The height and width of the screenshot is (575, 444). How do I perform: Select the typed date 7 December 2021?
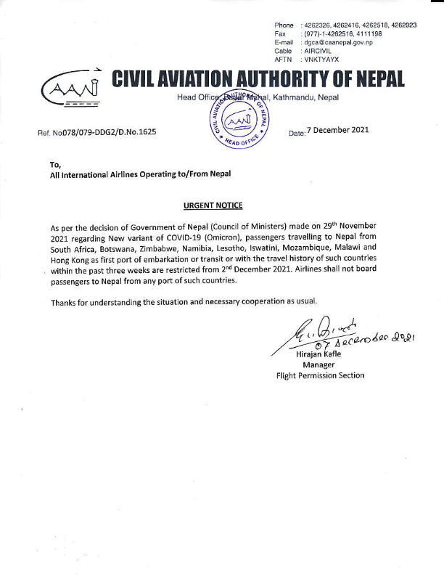point(338,131)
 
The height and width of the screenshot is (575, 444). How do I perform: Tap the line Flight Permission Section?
point(321,375)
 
